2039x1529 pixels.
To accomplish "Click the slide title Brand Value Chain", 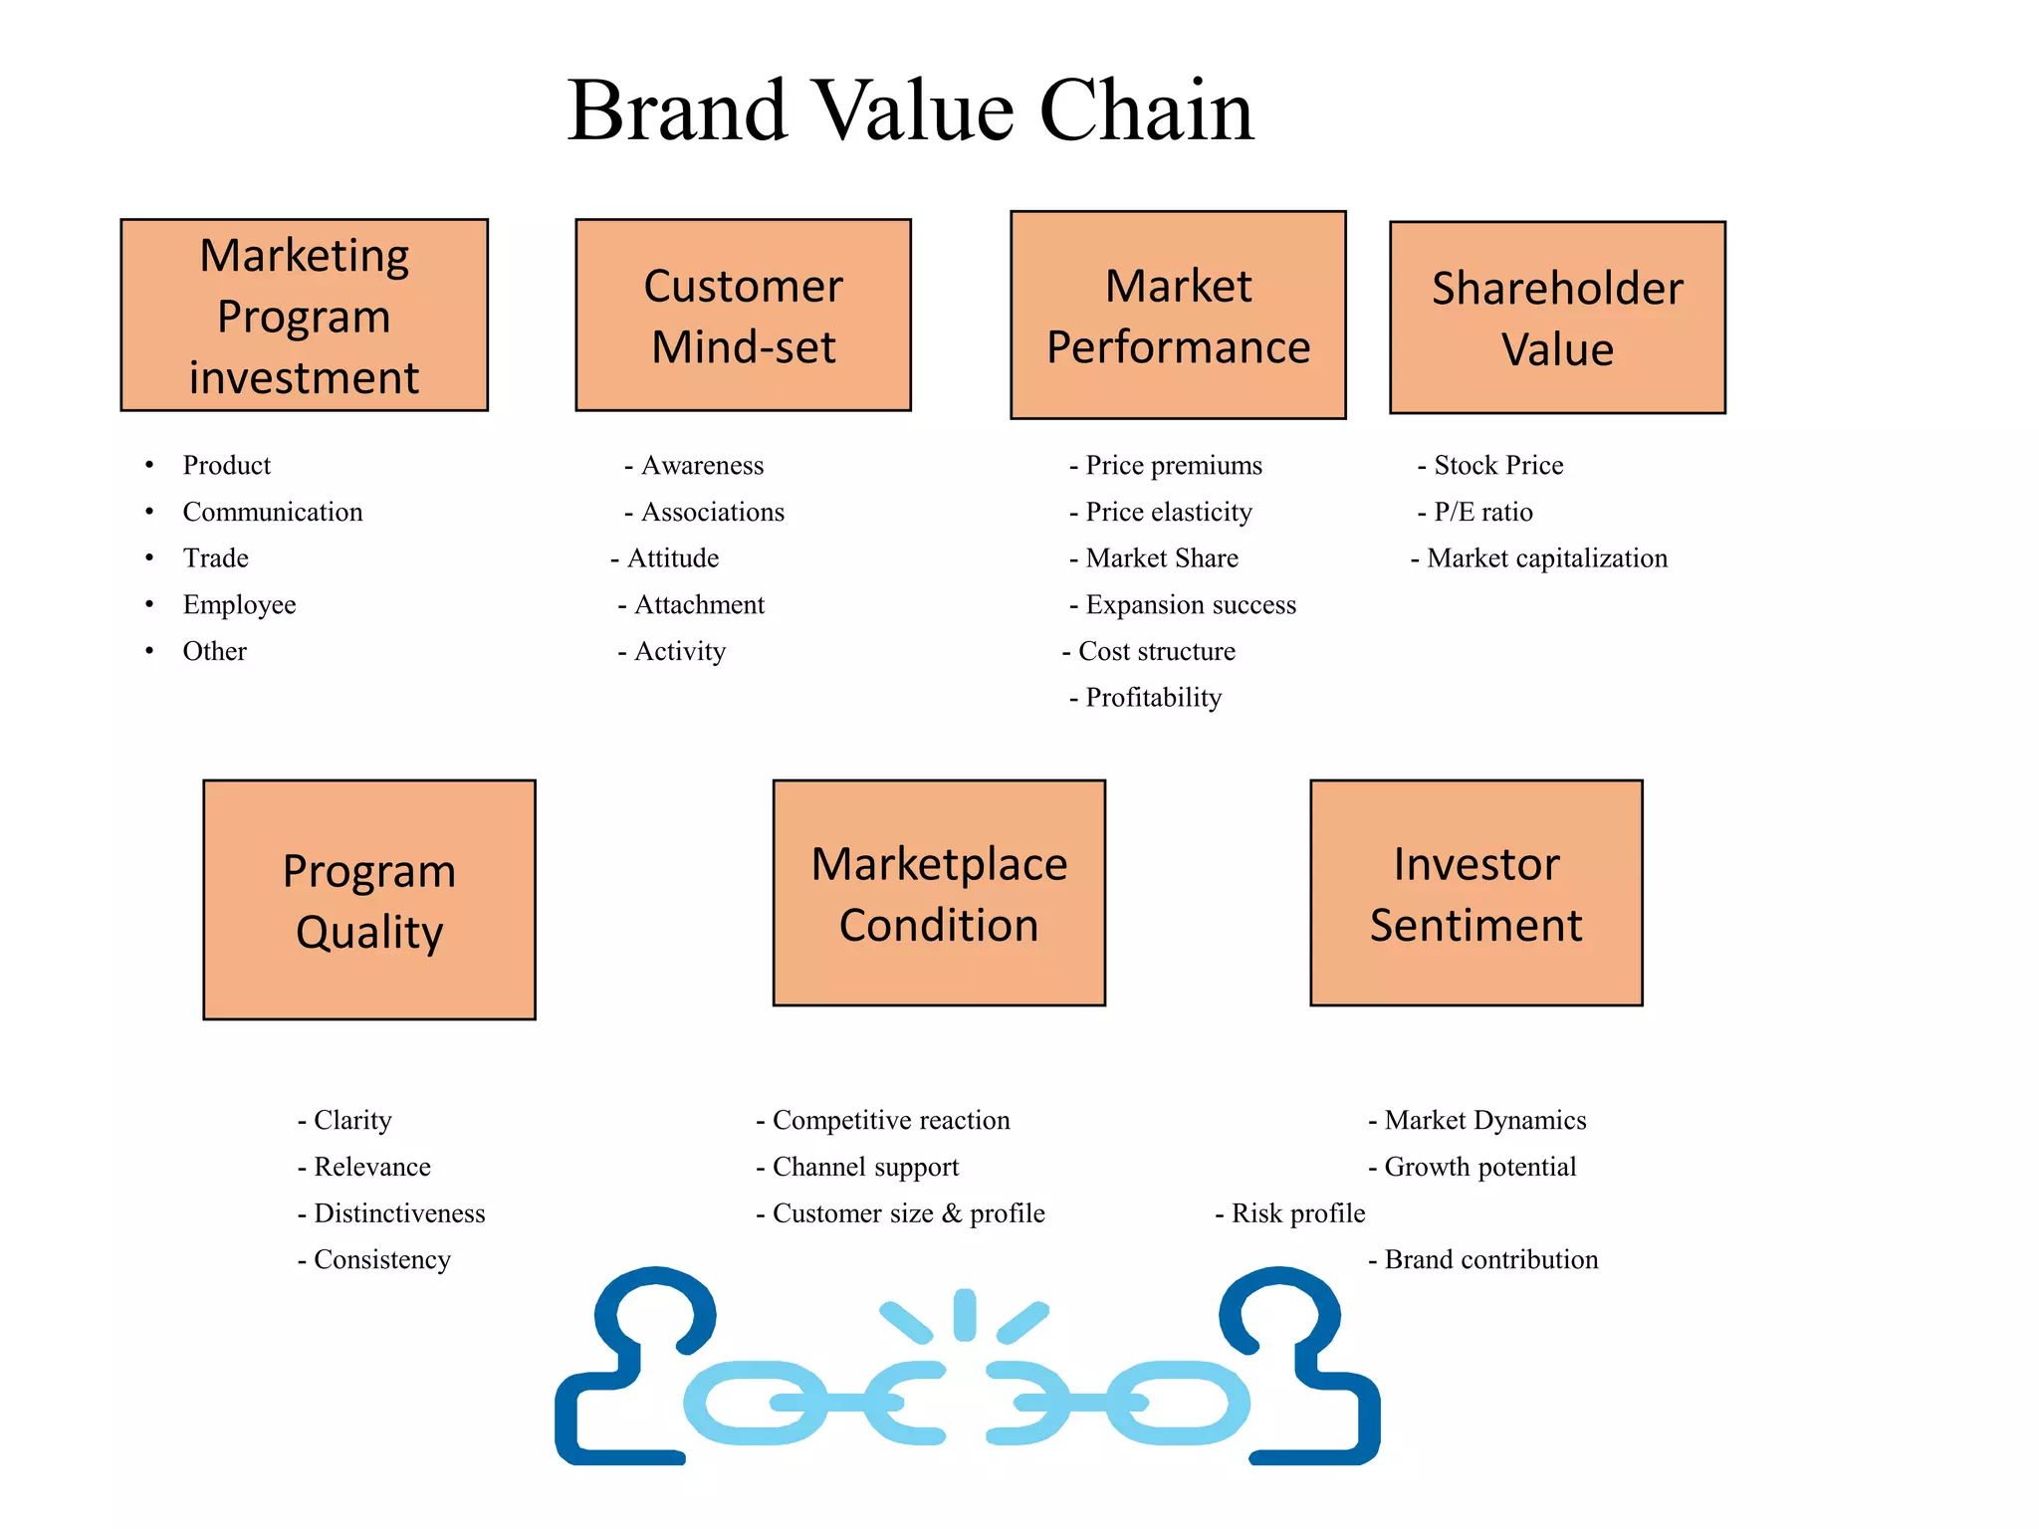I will pos(910,110).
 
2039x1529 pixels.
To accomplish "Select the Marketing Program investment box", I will pos(304,315).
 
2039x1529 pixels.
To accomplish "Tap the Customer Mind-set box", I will pos(743,315).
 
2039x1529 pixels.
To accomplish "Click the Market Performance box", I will pos(1178,315).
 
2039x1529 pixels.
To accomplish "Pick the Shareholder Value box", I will pos(1557,318).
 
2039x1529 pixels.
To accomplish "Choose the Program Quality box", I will pos(369,900).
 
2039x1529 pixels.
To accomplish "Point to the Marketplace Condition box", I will pos(939,893).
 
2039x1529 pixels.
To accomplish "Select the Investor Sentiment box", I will pos(1475,893).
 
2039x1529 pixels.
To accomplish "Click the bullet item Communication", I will pos(273,512).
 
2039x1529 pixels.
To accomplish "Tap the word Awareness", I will pos(702,465).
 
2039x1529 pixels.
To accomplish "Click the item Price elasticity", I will pos(1168,512).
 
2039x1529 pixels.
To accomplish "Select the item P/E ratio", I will pos(1482,512).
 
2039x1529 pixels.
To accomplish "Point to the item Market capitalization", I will pos(1546,558).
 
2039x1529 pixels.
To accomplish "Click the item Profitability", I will pos(1153,698).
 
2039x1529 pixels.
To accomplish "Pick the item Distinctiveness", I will pos(399,1213).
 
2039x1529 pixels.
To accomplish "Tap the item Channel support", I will pos(865,1167).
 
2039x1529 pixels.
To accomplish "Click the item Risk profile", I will pos(1297,1213).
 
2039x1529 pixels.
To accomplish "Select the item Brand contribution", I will pos(1490,1260).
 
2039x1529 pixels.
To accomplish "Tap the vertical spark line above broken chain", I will pos(964,1314).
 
